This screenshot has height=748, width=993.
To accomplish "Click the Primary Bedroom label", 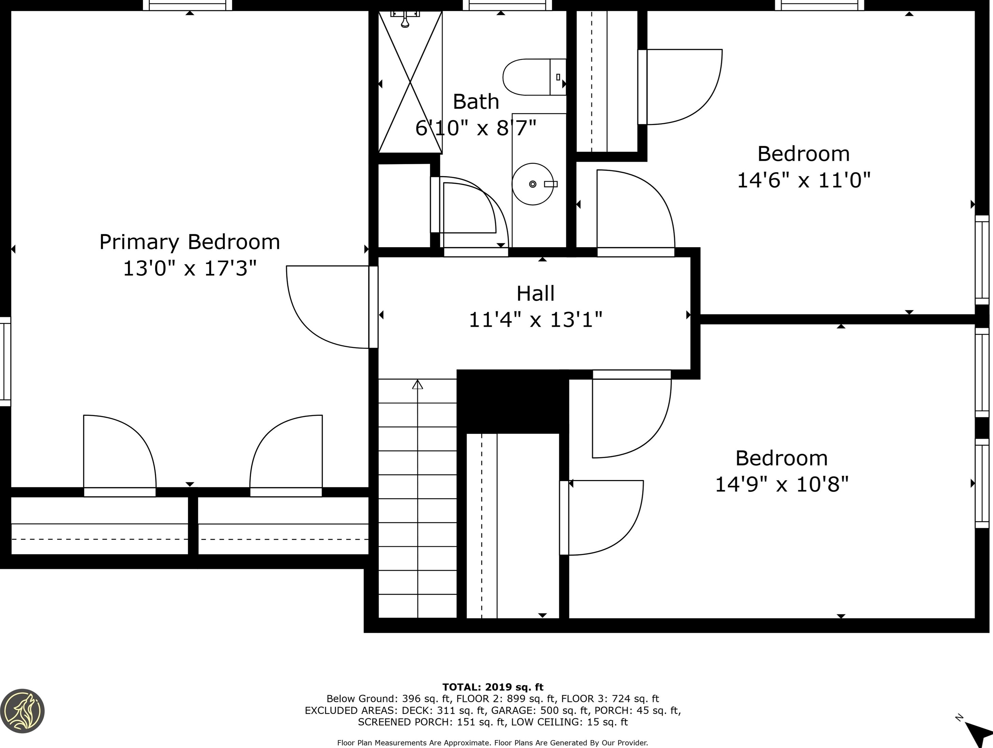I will click(x=189, y=242).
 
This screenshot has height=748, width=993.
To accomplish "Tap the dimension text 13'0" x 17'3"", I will click(x=189, y=268).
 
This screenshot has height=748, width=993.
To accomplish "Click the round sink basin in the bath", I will click(x=533, y=184).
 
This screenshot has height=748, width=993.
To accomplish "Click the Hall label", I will click(x=535, y=294).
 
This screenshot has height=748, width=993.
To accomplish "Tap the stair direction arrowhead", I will click(x=417, y=384).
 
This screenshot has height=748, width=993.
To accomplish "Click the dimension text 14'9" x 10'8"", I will click(x=782, y=484).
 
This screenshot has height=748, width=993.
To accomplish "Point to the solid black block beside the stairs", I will click(x=512, y=401).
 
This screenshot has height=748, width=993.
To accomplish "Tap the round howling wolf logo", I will click(x=23, y=711).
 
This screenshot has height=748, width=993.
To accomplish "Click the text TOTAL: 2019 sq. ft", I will click(x=493, y=687).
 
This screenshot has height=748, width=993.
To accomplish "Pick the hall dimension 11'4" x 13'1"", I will click(x=535, y=320).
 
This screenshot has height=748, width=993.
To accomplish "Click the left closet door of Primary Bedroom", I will click(x=119, y=453).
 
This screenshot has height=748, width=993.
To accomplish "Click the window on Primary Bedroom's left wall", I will click(x=5, y=362).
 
